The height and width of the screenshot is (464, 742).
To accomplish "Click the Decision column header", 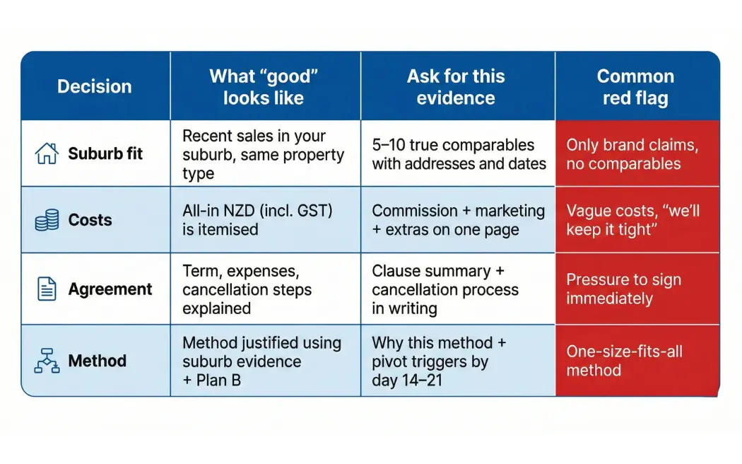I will pyautogui.click(x=95, y=86).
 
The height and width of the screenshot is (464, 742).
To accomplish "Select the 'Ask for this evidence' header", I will pyautogui.click(x=456, y=87).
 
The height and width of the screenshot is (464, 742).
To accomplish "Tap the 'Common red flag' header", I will pyautogui.click(x=635, y=87).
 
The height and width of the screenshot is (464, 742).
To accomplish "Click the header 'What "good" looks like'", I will pyautogui.click(x=264, y=87).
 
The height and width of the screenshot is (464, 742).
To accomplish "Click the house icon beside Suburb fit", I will pyautogui.click(x=47, y=153).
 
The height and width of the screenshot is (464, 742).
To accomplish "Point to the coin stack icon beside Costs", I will pyautogui.click(x=47, y=220).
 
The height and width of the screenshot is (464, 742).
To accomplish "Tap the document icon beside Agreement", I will pyautogui.click(x=47, y=289).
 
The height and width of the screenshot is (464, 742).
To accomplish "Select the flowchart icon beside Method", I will pyautogui.click(x=47, y=361).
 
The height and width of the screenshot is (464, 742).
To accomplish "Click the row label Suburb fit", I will pyautogui.click(x=105, y=153).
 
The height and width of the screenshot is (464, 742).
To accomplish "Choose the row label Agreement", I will pyautogui.click(x=110, y=289).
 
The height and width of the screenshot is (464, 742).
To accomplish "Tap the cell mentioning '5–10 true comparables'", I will pyautogui.click(x=459, y=154).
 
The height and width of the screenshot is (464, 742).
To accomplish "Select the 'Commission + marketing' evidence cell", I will pyautogui.click(x=458, y=220).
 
